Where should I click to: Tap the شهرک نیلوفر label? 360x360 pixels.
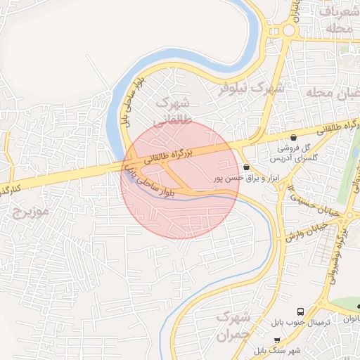[250, 89]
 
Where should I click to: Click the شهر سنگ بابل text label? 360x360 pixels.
[278, 350]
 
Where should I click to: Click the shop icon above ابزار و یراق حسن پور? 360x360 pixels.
[246, 167]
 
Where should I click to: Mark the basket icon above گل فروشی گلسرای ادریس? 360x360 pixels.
[293, 137]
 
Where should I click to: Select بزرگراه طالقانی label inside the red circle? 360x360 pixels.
[169, 155]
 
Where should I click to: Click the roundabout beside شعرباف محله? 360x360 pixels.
[288, 30]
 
